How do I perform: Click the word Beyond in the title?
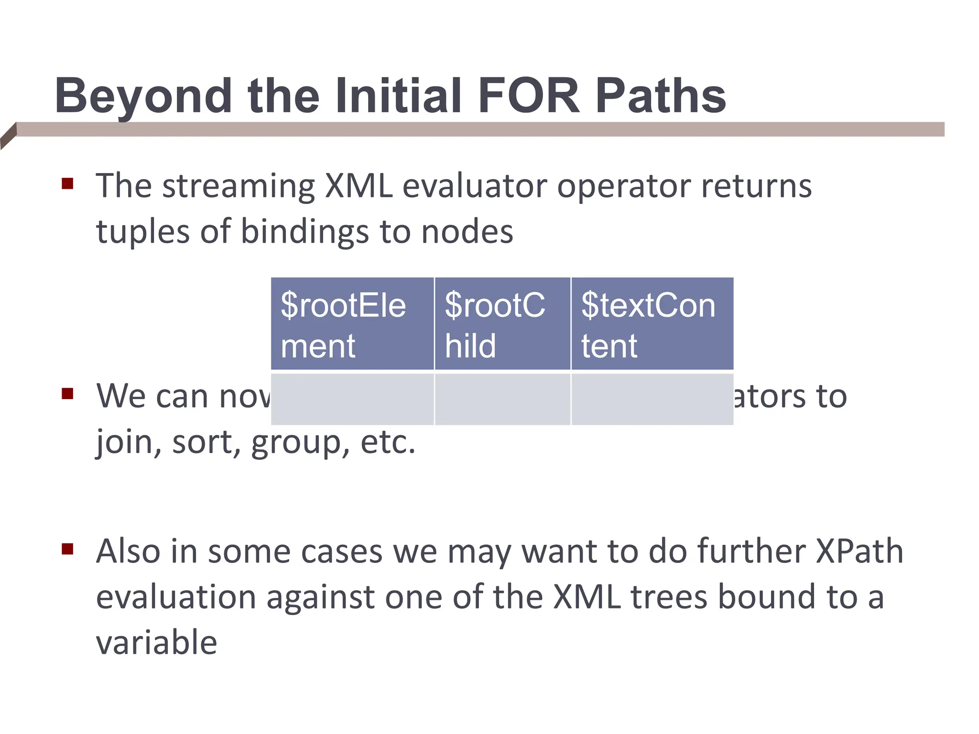point(143,97)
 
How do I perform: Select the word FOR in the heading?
point(528,97)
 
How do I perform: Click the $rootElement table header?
point(352,324)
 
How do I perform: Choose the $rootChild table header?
point(502,324)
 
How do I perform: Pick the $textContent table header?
point(652,324)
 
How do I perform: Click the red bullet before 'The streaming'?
point(67,183)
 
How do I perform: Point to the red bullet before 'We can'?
point(67,394)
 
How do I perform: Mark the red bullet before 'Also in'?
point(67,549)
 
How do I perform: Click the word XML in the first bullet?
point(359,186)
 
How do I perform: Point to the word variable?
point(156,643)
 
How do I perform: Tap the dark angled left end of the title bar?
point(9,136)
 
